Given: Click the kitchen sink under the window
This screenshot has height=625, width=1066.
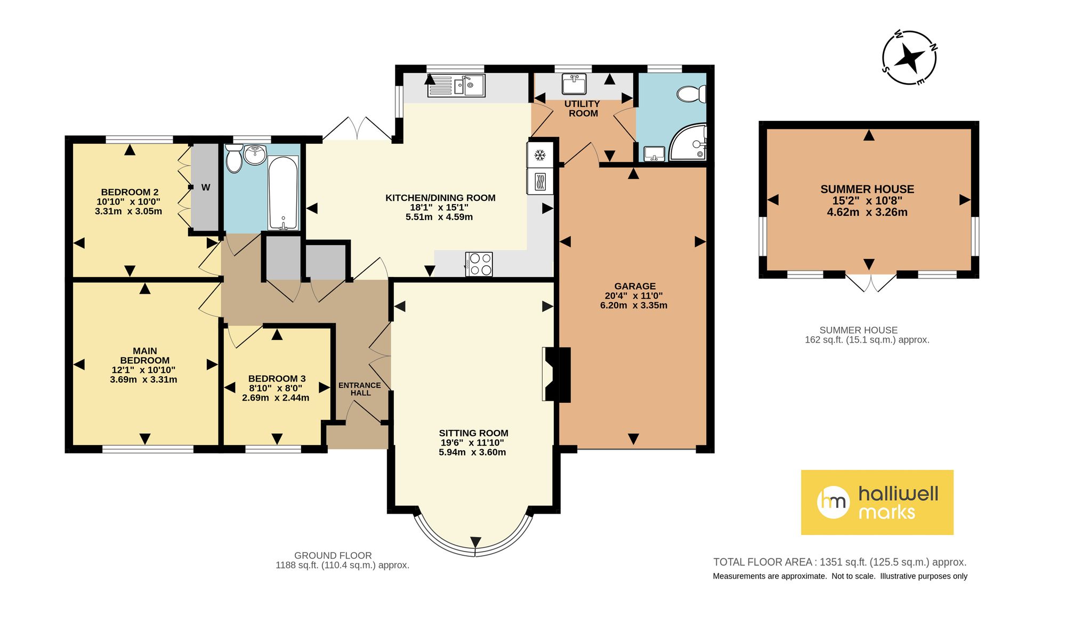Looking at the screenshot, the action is tap(456, 86).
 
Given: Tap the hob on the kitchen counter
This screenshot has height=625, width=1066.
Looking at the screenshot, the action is tap(480, 264).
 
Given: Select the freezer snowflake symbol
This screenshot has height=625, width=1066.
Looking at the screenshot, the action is tap(540, 155).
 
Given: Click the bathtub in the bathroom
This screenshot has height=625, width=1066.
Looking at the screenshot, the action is tap(283, 192).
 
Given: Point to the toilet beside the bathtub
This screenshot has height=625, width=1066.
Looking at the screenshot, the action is tap(233, 158).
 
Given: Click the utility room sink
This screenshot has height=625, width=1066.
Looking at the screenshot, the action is tap(575, 84).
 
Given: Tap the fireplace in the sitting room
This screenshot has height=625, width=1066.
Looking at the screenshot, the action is tap(556, 374).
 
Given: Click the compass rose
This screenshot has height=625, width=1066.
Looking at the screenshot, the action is tap(909, 58).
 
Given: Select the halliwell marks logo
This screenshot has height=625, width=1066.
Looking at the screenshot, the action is tap(877, 502).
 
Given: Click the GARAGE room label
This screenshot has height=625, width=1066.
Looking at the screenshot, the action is tap(635, 286).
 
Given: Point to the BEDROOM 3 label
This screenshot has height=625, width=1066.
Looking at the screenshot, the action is tap(277, 379).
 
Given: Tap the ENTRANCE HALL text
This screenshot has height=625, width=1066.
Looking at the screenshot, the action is tap(360, 389).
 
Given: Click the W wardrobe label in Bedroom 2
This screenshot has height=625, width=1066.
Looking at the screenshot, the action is tap(206, 188).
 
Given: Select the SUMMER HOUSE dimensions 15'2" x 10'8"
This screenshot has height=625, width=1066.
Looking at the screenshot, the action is tap(867, 201).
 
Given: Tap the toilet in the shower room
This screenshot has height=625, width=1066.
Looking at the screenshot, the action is tap(692, 95).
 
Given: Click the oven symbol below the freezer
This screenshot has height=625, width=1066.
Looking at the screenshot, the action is tap(540, 182).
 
